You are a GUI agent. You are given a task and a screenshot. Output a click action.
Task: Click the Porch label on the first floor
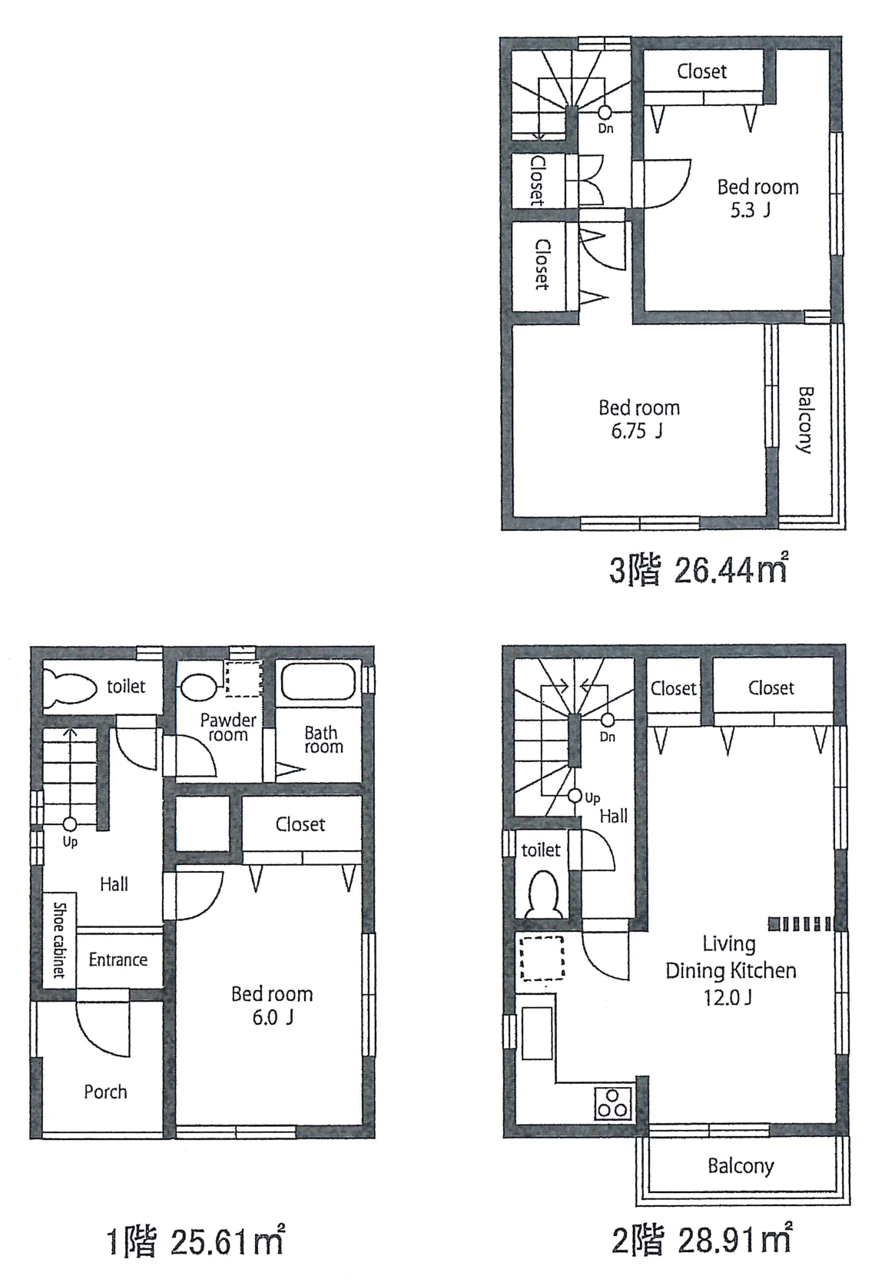[x=106, y=1092]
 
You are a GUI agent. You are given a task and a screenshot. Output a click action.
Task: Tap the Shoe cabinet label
[x=59, y=939]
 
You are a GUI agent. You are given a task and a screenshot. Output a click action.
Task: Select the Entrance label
[x=118, y=959]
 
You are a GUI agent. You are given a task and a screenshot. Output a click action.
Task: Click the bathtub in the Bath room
[x=319, y=681]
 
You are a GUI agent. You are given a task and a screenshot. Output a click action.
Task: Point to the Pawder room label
[x=228, y=727]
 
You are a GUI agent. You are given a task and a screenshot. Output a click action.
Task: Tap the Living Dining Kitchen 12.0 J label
[x=731, y=970]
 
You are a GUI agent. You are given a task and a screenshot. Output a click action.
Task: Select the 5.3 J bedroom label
[x=757, y=197]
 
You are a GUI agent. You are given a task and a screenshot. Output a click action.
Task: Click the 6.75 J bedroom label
[x=639, y=419]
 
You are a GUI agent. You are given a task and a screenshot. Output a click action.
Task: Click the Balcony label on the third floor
[x=805, y=419]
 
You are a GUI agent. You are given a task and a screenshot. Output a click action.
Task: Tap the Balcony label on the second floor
[x=741, y=1165]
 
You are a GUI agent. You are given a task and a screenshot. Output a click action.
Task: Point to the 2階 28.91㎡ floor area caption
[x=701, y=1240]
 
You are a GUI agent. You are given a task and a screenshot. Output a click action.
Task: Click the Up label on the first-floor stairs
[x=70, y=842]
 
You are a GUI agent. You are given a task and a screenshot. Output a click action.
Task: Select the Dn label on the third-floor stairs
[x=606, y=128]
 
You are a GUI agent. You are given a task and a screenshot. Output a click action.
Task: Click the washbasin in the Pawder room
[x=198, y=683]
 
